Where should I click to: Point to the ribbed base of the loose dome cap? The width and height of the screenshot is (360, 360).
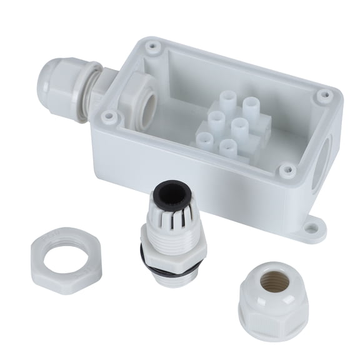coord(272,322)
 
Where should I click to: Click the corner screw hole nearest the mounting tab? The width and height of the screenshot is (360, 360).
coord(287,169)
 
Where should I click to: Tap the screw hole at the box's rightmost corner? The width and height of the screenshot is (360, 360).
coord(324,96)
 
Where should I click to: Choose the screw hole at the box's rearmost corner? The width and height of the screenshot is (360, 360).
coord(152,46)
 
